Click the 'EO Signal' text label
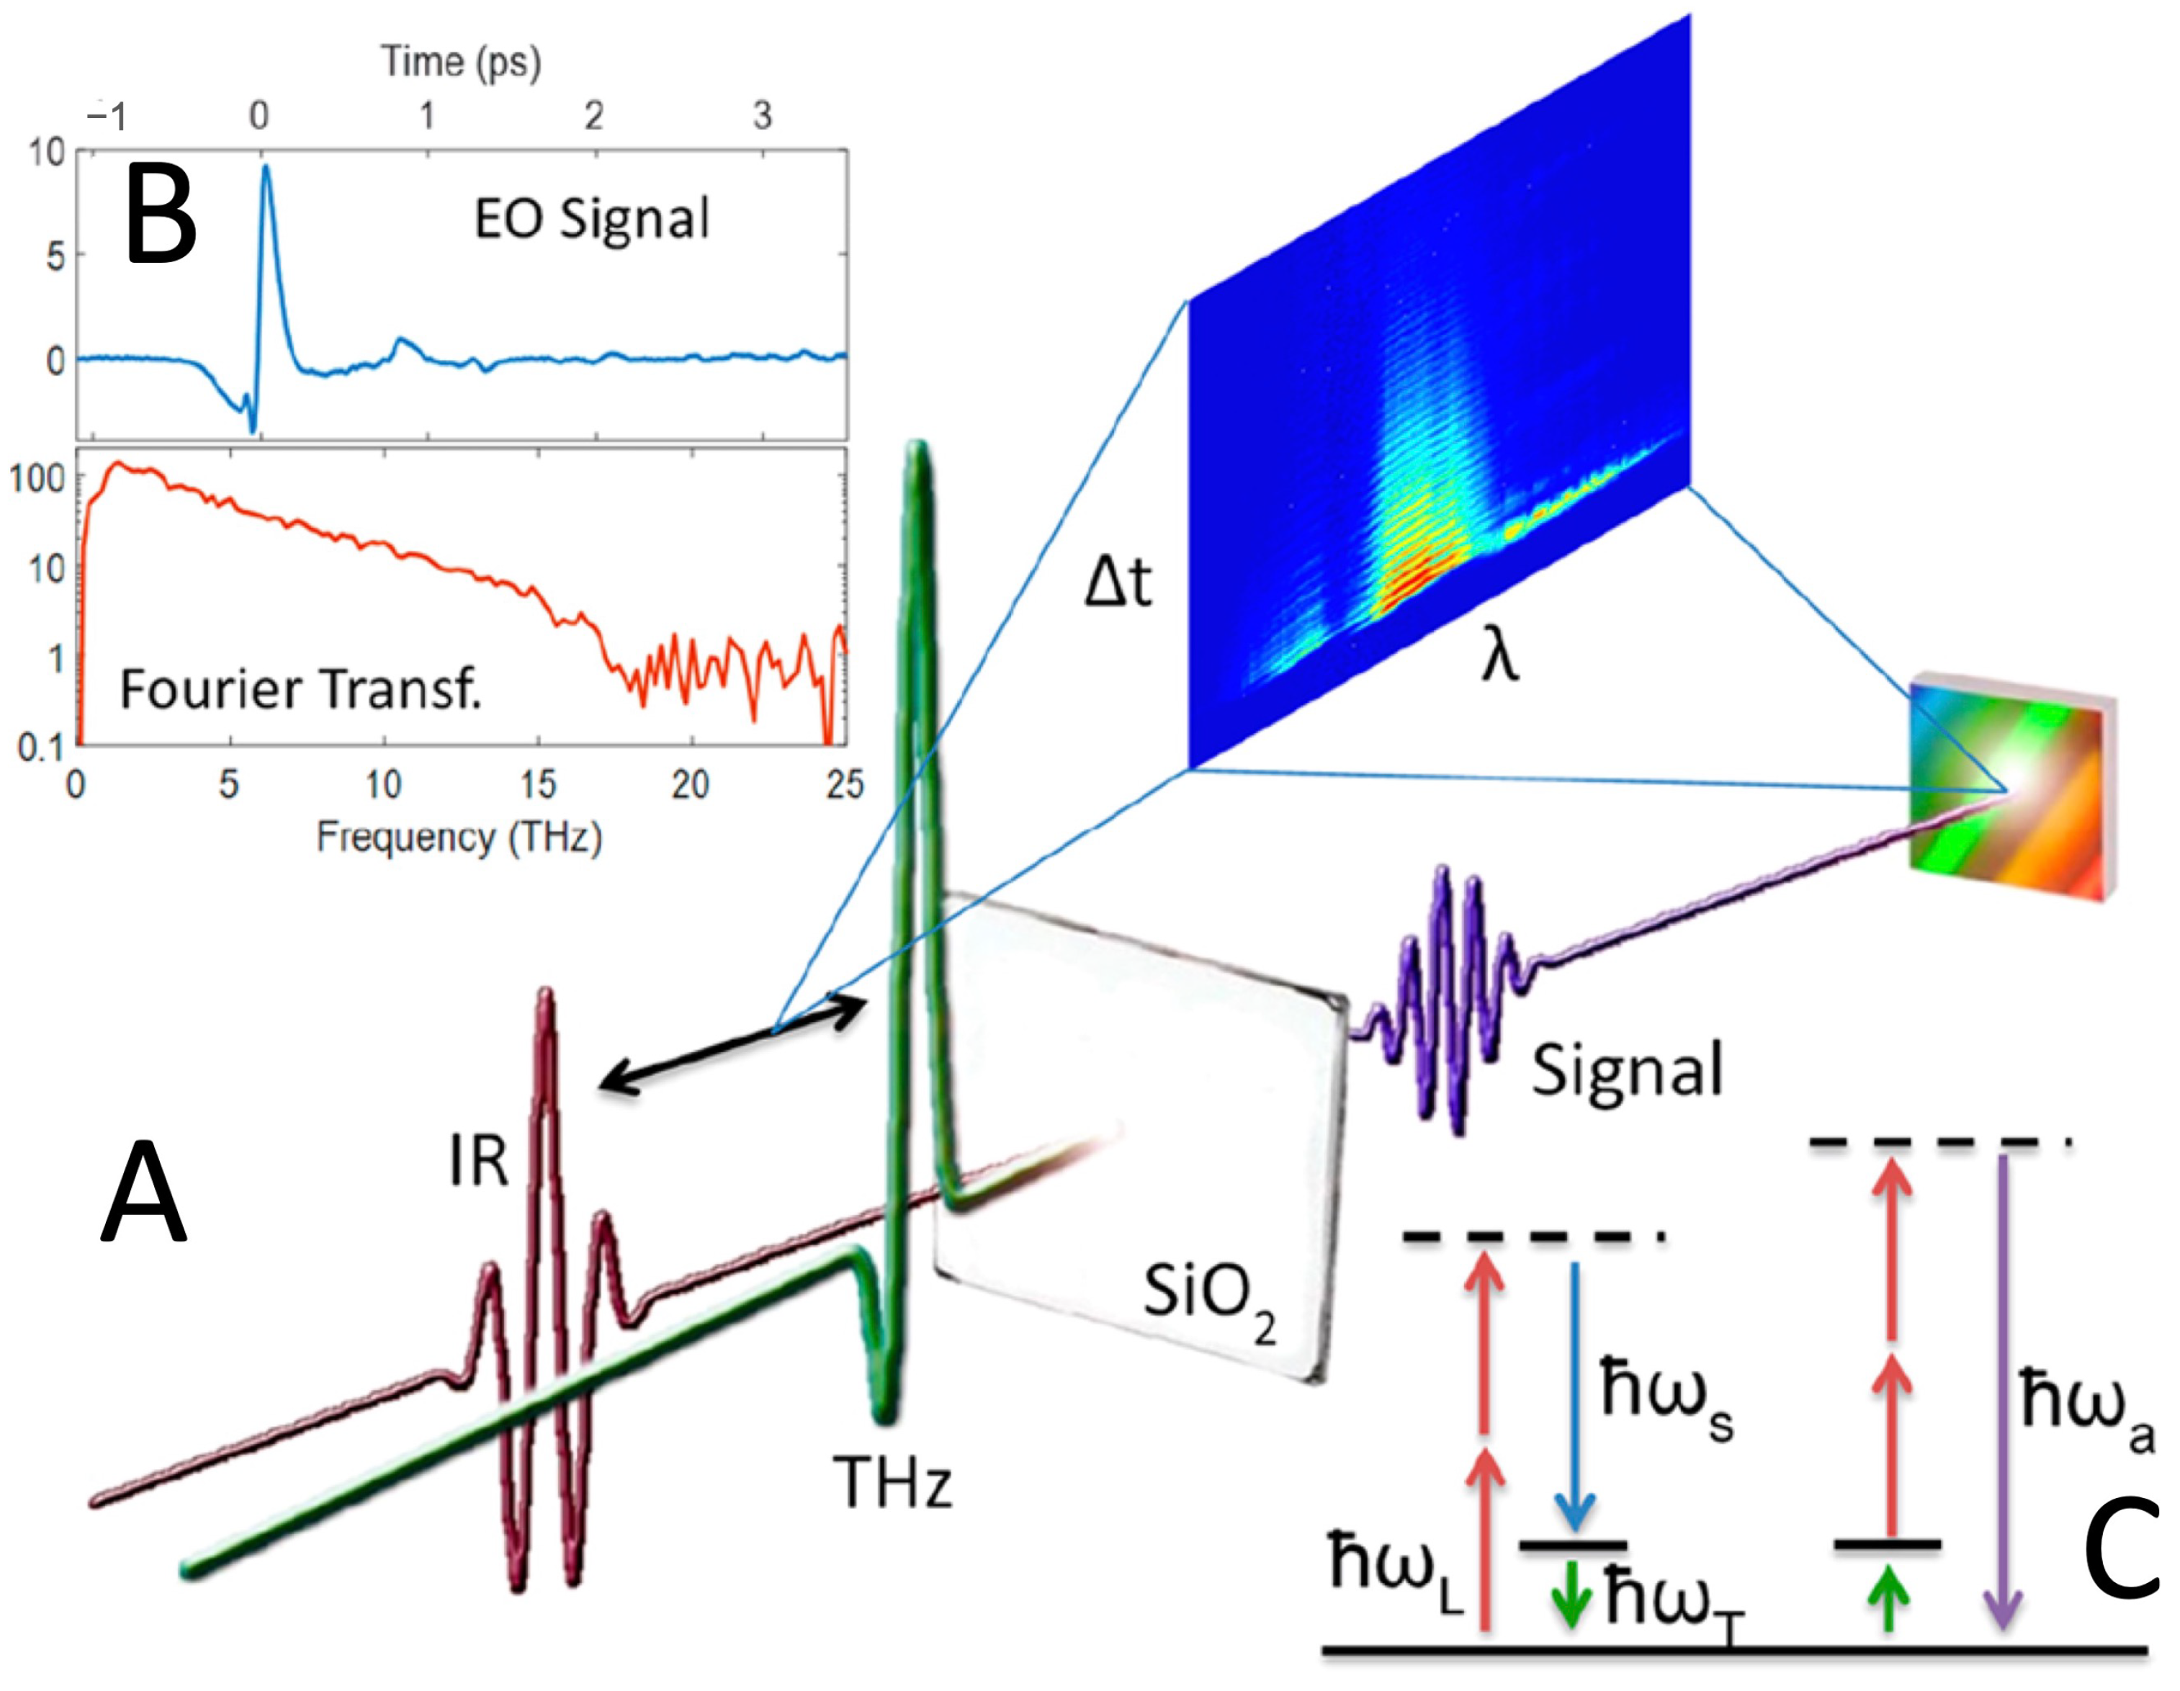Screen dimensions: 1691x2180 point(591,219)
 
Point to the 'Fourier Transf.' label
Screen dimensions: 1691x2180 point(300,688)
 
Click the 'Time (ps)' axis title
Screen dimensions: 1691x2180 point(461,62)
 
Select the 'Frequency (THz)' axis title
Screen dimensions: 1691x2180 point(459,837)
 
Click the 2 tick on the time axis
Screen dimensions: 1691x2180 point(594,117)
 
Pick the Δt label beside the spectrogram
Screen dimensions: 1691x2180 point(1118,582)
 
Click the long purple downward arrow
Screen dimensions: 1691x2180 point(2002,1397)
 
